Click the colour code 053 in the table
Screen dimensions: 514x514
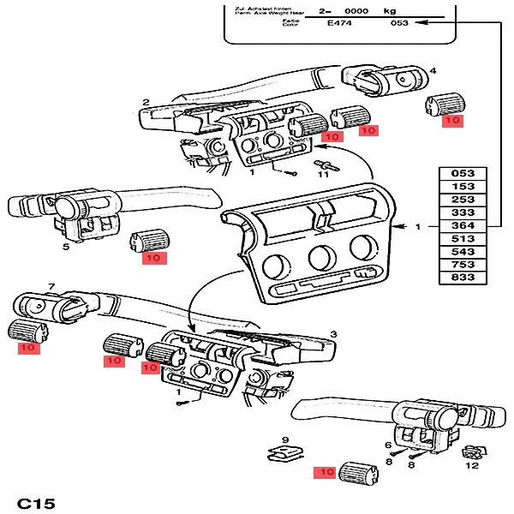coord(463,174)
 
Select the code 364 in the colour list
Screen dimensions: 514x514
coord(463,226)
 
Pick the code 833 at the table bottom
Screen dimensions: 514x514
coord(463,278)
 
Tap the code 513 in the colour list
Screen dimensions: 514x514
coord(463,239)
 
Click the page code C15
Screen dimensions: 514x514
coord(36,502)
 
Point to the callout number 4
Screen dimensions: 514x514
coord(433,70)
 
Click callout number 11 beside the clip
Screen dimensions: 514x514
coord(325,176)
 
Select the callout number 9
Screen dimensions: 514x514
coord(285,440)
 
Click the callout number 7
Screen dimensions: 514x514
coord(51,286)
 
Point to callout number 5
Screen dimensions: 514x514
coord(66,247)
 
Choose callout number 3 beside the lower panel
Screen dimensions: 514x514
coord(332,332)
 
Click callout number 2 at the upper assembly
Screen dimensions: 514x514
coord(146,103)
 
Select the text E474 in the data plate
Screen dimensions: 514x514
coord(341,25)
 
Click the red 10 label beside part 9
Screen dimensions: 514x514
coord(326,472)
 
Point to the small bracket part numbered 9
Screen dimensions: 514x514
coord(282,454)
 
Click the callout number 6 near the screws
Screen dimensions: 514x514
coord(388,445)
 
